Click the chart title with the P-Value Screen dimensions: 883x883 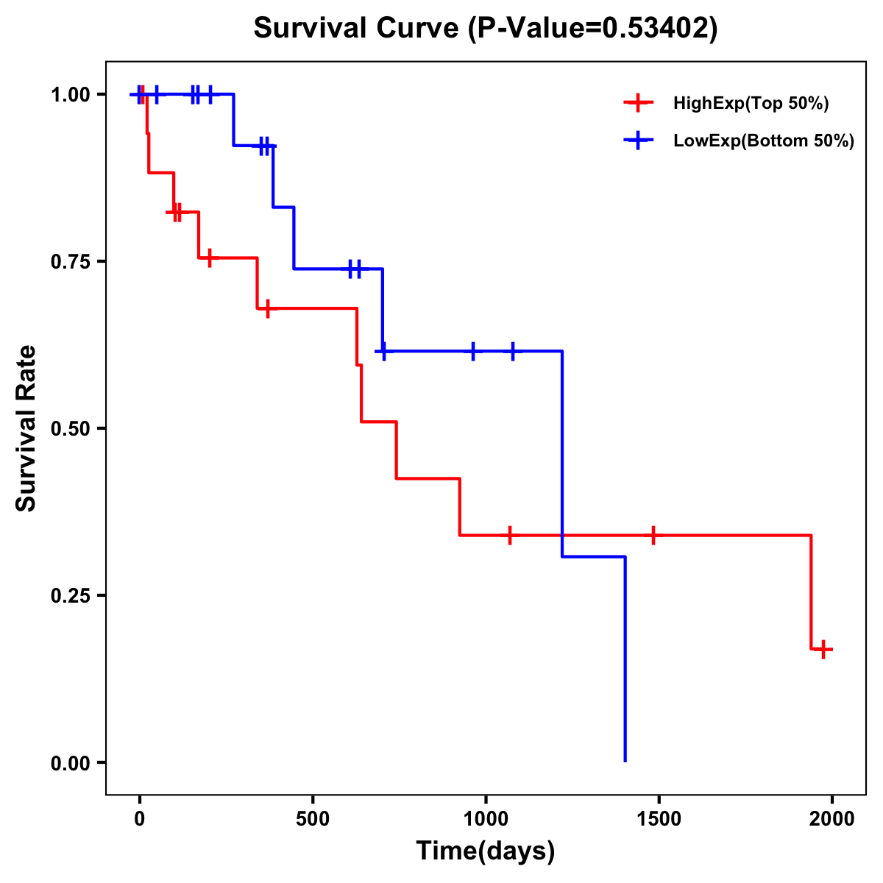pyautogui.click(x=485, y=28)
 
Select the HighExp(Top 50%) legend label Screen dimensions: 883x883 pyautogui.click(x=751, y=104)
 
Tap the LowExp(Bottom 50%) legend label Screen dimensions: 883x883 pyautogui.click(x=763, y=141)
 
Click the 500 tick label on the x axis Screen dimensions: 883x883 pyautogui.click(x=313, y=819)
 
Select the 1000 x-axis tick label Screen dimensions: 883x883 pyautogui.click(x=486, y=819)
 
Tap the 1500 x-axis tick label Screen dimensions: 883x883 pyautogui.click(x=659, y=819)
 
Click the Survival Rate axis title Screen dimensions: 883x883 pyautogui.click(x=26, y=428)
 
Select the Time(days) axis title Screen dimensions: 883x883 pyautogui.click(x=486, y=851)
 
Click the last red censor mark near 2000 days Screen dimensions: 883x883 pyautogui.click(x=823, y=649)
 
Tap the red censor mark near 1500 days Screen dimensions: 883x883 pyautogui.click(x=653, y=535)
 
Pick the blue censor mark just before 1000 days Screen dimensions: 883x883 pyautogui.click(x=472, y=351)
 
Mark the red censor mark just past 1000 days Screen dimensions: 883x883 pyautogui.click(x=509, y=535)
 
